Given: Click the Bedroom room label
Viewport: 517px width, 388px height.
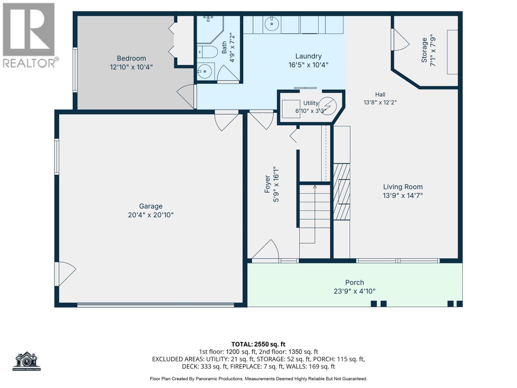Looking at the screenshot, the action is point(131,58).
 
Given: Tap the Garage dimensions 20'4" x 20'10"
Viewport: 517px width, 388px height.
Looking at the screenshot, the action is point(151,215).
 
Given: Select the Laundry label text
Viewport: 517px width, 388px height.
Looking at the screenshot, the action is point(308,56).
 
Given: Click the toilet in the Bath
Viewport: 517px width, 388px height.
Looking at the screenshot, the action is point(207,52).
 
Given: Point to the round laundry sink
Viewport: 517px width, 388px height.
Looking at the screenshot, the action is point(272,24).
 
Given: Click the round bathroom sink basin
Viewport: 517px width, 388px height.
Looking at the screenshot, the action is point(205,71).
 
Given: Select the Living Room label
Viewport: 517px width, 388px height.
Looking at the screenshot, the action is point(403,187).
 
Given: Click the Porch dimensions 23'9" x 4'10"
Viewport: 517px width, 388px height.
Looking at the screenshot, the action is point(354,291).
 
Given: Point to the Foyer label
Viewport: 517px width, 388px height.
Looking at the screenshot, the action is point(267,184).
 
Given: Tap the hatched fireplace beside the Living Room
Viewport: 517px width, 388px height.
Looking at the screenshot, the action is point(342,192).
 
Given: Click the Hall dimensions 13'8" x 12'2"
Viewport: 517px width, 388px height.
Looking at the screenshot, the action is point(380,102).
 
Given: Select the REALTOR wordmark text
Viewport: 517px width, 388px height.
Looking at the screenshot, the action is point(29,63).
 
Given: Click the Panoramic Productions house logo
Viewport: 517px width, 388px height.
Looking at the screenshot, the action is point(26,361).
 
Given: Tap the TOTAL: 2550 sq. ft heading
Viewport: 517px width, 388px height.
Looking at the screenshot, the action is point(258,344).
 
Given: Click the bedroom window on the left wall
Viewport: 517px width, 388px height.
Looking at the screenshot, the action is point(75,70).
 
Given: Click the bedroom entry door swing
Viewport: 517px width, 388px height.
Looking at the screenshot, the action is point(186,97).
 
